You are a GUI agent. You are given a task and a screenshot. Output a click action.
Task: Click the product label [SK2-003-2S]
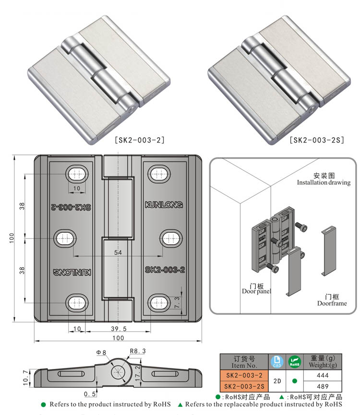coord(317,140)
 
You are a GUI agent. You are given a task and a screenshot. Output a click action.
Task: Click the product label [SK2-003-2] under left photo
coord(140,140)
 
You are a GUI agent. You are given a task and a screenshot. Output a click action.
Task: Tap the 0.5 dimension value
coord(89,394)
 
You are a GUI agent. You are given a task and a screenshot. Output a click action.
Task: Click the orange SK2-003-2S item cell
coord(243,386)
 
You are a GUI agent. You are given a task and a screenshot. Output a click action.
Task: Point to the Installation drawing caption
coord(324,182)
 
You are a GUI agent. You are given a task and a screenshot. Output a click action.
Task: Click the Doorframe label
coord(332,303)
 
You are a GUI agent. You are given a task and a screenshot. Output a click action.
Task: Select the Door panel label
coord(256,291)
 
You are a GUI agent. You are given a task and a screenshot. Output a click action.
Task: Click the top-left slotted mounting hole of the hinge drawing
coord(77,174)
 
